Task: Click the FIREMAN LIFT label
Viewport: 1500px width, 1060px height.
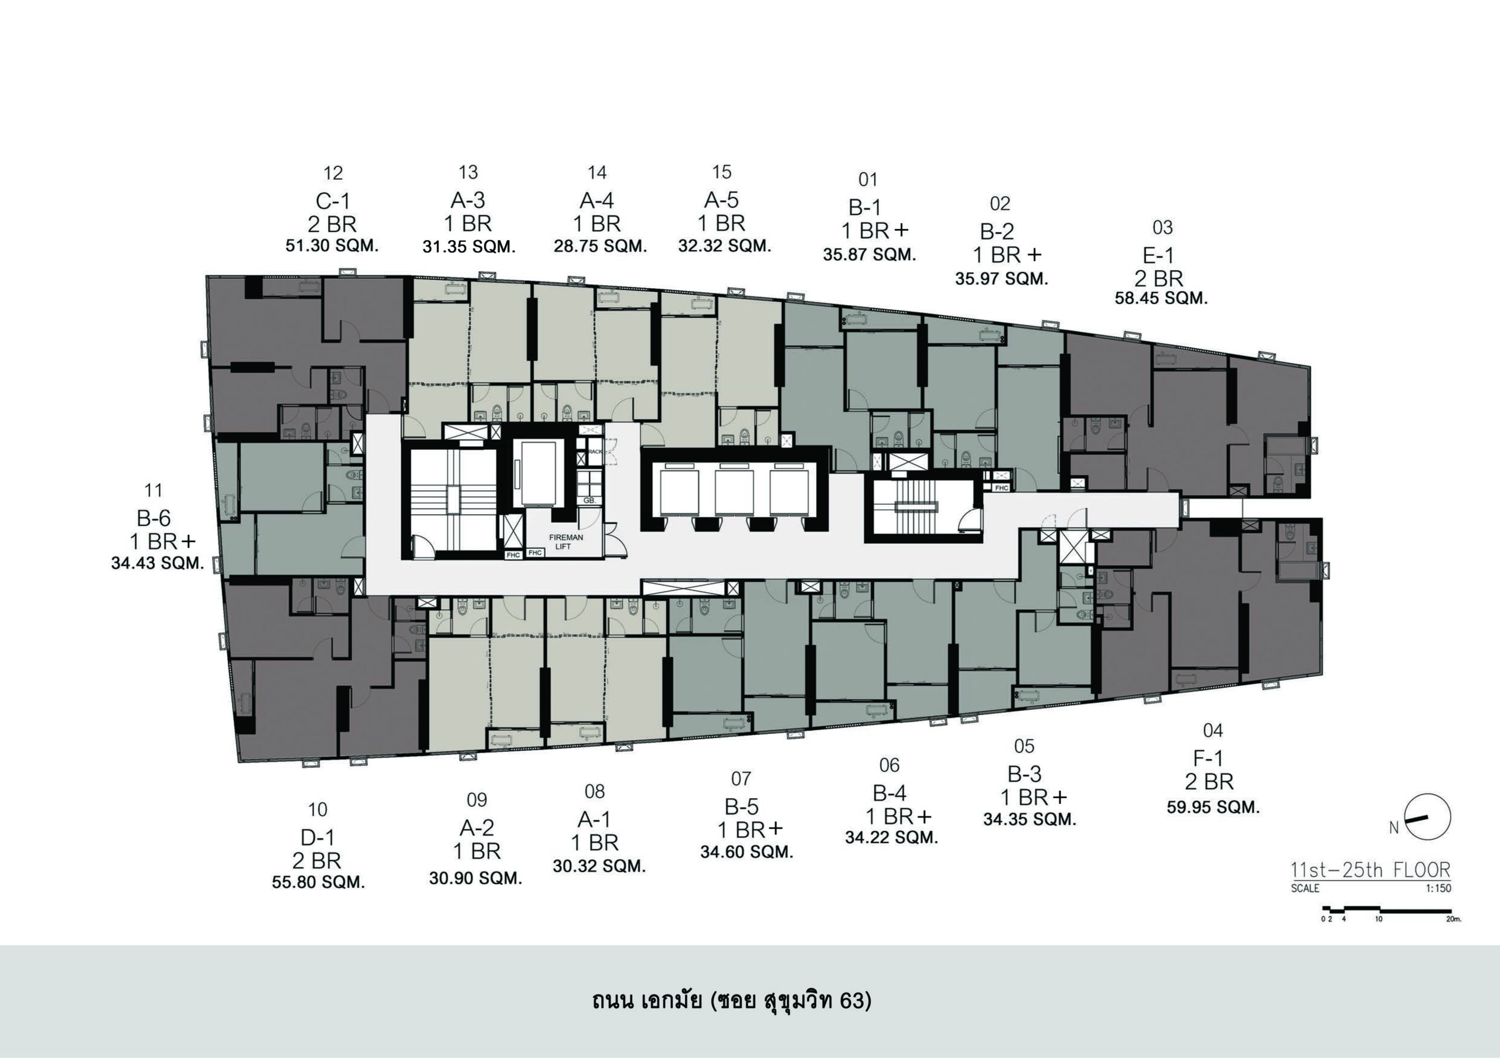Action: tap(566, 542)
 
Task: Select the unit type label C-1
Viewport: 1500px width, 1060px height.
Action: tap(333, 201)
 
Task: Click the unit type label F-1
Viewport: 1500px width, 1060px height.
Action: tap(1208, 758)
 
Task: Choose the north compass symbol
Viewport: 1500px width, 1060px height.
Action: tap(1427, 817)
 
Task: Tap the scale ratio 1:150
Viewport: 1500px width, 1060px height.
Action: tap(1438, 888)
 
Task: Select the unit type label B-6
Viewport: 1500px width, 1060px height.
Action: tap(154, 518)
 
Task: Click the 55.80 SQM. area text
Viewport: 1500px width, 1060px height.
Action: tap(318, 883)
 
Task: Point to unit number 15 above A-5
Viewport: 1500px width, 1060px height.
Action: tap(721, 172)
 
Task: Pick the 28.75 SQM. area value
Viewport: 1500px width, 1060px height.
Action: tap(601, 246)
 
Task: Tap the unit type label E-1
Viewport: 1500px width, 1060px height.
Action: tap(1158, 255)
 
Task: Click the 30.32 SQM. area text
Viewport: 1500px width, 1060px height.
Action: tap(599, 867)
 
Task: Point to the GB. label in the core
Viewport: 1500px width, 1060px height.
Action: tap(589, 500)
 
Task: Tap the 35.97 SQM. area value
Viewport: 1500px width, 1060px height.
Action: tap(1001, 279)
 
